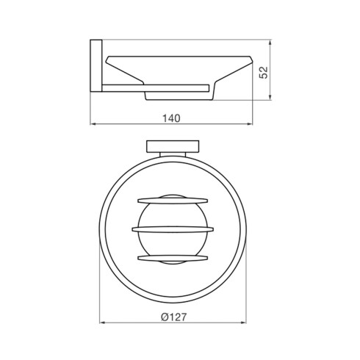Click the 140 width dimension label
pos(171,118)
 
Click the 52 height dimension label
pos(264,73)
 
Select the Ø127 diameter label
pos(173,317)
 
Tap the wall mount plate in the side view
pos(96,65)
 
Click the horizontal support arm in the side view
pos(156,88)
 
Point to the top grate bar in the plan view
pos(173,201)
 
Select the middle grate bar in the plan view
pos(173,229)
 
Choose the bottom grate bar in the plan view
pos(173,258)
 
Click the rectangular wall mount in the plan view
pos(173,146)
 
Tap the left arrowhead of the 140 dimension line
pos(93,124)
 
